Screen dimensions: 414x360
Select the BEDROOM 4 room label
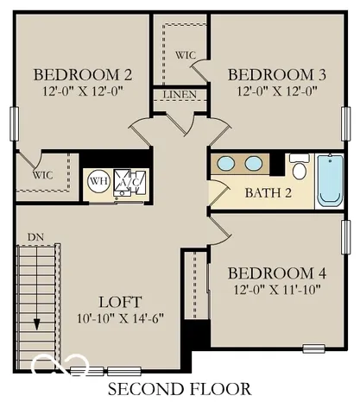tap(277, 273)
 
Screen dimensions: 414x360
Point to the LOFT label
tap(119, 302)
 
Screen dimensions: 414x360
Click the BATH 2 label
tap(268, 191)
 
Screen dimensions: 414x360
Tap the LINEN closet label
tap(179, 94)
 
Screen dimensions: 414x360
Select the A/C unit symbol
tap(130, 181)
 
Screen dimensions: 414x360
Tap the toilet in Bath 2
tap(299, 165)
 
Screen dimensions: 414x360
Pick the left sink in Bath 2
tap(226, 163)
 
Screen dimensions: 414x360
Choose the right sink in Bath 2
tap(254, 163)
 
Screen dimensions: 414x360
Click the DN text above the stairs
tap(35, 235)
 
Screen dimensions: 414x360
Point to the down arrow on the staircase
tap(38, 321)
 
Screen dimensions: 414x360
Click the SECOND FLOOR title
tap(180, 389)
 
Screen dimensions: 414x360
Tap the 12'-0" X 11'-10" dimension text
tap(277, 290)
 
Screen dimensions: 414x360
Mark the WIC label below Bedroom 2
tap(42, 174)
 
